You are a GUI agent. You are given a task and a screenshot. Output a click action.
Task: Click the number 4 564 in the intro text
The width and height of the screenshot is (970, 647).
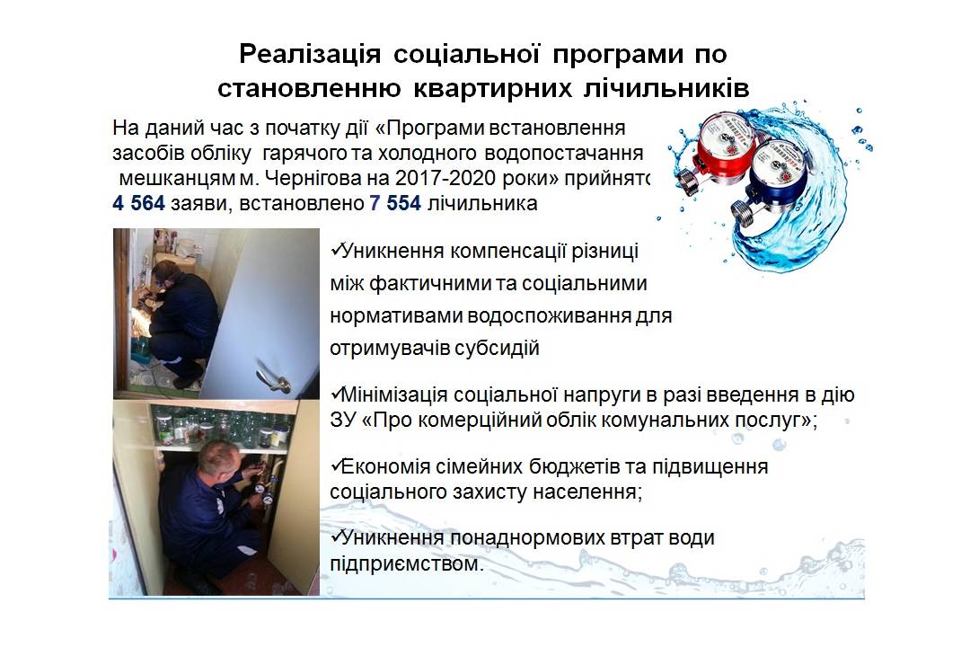(138, 203)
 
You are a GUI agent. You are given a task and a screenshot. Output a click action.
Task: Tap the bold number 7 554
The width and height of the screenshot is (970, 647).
(395, 203)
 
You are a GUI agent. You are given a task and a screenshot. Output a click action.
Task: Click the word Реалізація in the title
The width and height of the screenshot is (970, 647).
(310, 55)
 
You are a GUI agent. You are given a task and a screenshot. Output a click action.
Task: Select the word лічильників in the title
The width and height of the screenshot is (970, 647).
(666, 89)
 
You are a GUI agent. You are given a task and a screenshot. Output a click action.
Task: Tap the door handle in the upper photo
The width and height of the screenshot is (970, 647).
(274, 379)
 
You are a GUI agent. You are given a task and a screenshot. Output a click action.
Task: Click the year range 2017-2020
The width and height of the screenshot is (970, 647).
(445, 178)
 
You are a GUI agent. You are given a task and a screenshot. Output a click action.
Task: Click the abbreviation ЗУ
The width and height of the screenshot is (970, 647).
(343, 421)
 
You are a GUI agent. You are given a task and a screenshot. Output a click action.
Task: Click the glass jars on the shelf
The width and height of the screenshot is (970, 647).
(221, 427)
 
